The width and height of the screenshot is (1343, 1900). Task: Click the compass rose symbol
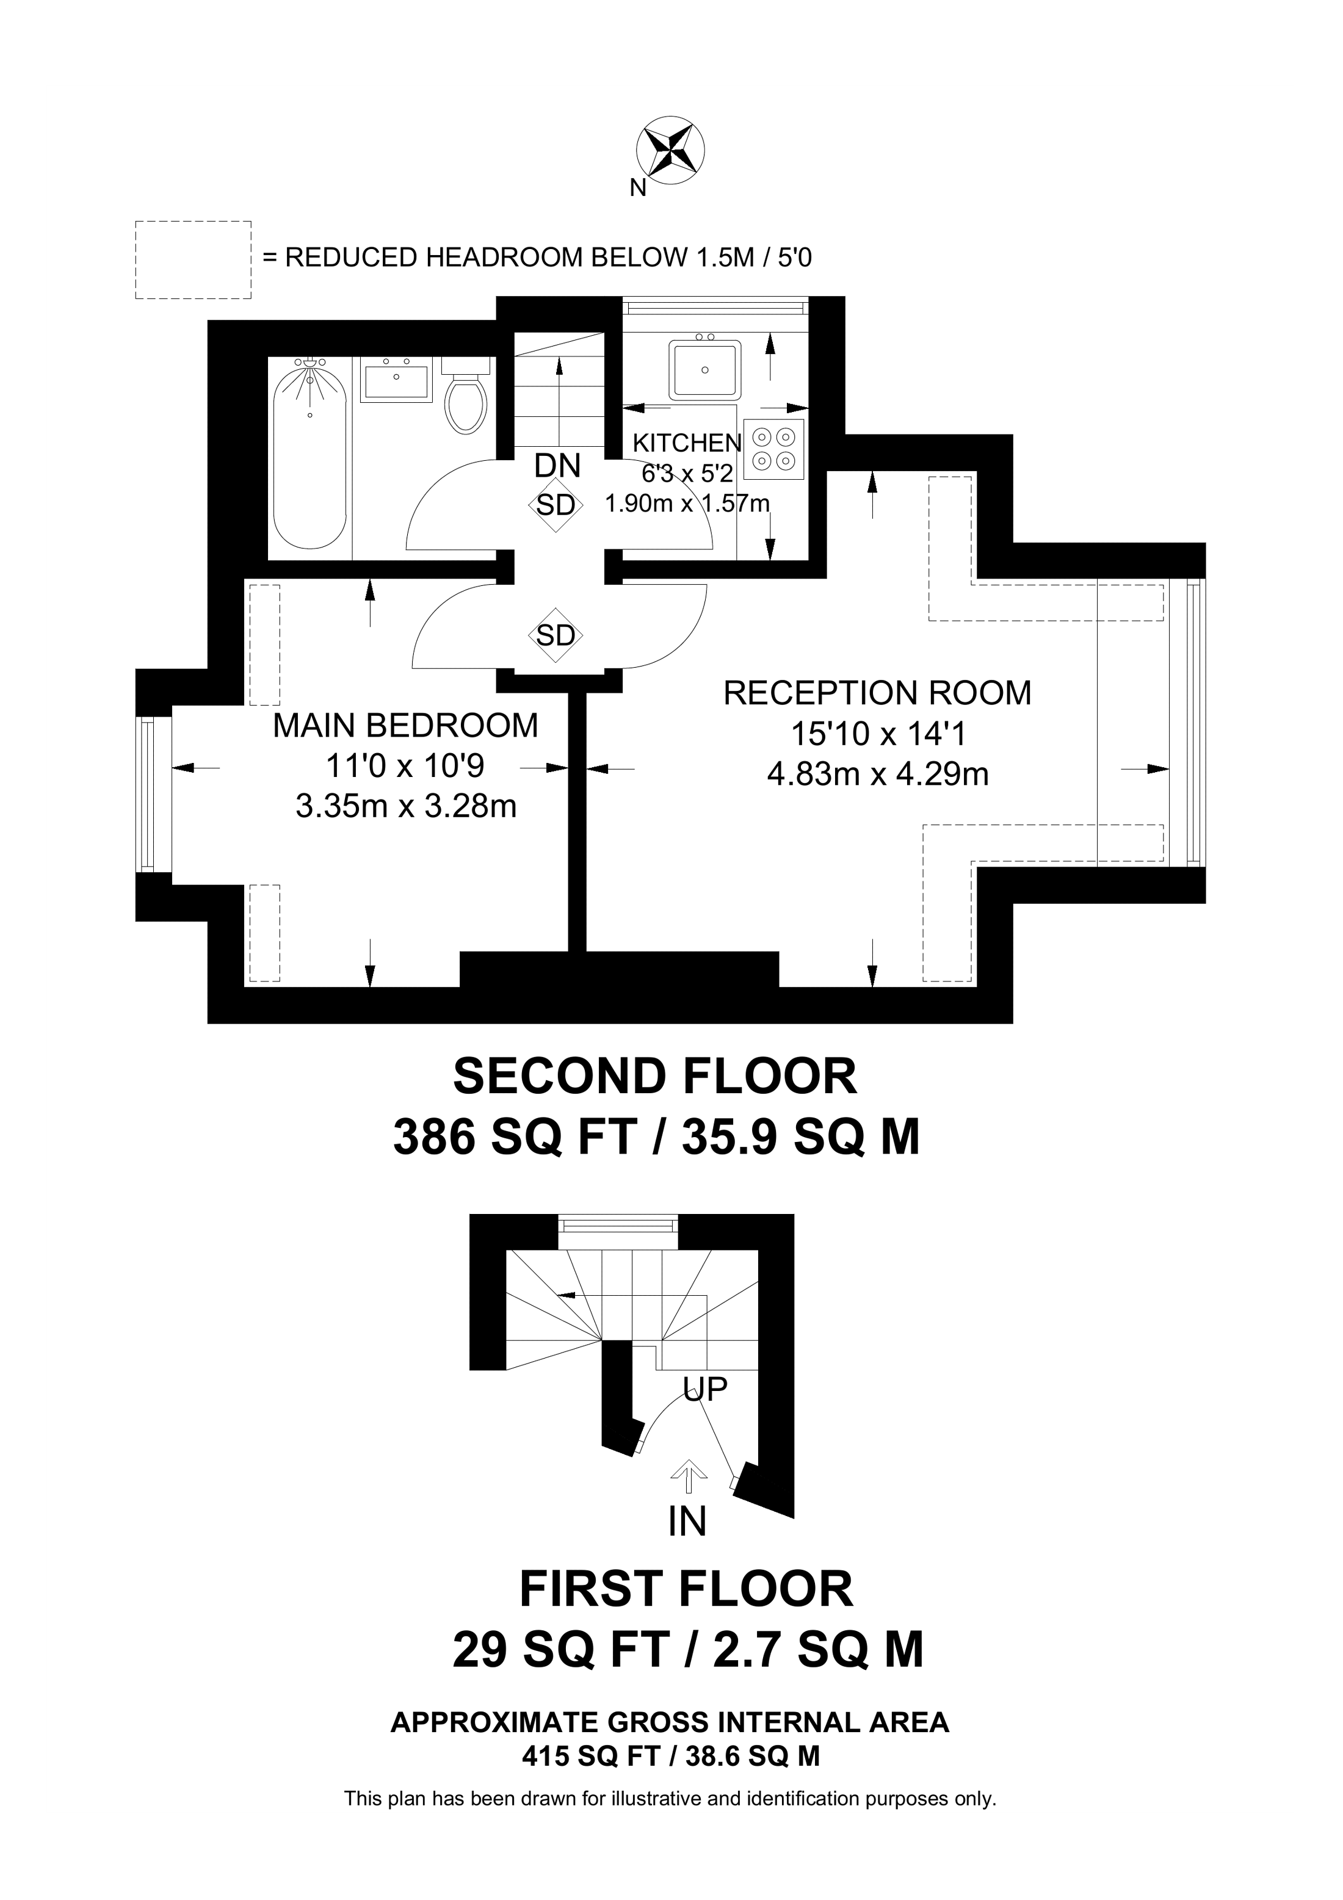pos(670,149)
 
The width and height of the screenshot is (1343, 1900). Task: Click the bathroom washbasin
pos(396,381)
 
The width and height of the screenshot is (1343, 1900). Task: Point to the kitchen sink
pos(705,370)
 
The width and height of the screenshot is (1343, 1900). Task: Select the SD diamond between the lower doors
pos(556,635)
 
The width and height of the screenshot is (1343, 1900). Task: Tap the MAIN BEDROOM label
pos(405,726)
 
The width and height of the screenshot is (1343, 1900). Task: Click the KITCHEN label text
pos(687,442)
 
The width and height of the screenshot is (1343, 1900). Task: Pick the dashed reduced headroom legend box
pos(193,259)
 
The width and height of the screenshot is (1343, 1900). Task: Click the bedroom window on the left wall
pos(147,795)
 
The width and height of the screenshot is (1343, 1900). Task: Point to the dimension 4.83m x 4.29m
pos(878,774)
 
